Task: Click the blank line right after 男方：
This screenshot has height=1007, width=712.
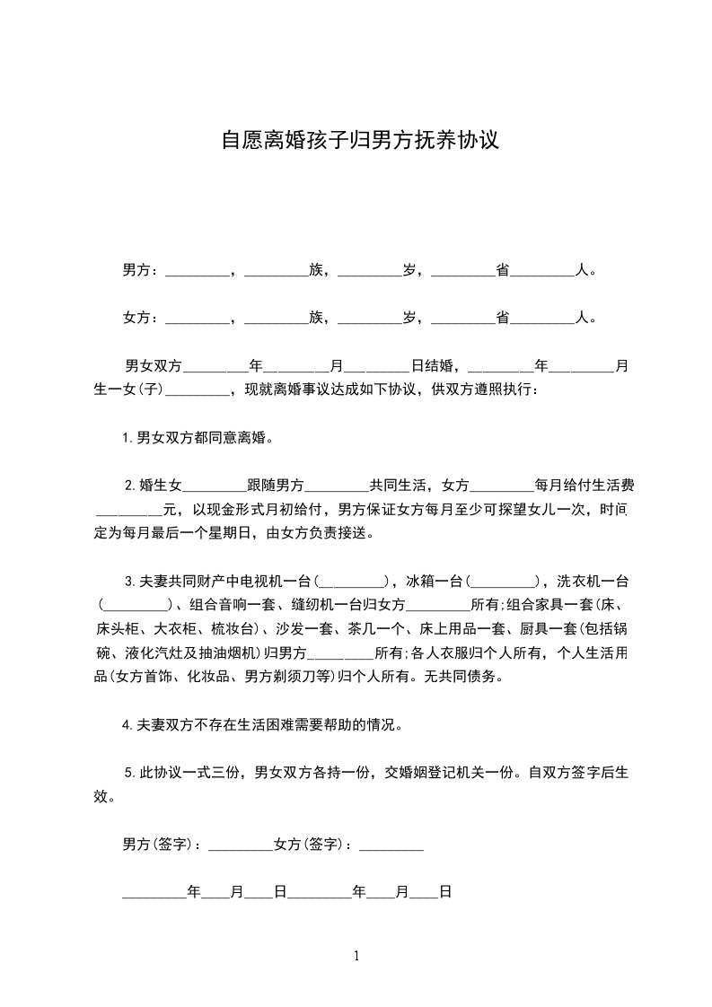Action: click(198, 272)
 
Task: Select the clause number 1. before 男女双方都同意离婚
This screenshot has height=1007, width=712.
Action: click(128, 439)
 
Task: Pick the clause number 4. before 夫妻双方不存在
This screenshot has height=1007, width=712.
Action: click(128, 725)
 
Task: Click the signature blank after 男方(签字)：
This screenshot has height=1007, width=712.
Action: click(240, 845)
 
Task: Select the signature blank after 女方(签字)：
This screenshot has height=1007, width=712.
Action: click(391, 845)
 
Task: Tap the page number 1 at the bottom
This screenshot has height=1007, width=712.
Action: click(356, 957)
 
